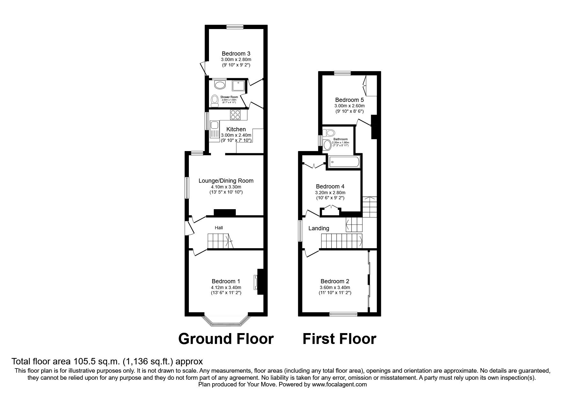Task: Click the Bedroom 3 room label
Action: [x=236, y=54]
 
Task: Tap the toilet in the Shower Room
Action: [x=215, y=100]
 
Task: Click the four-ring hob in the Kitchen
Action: [x=235, y=115]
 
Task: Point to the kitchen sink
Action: [x=213, y=129]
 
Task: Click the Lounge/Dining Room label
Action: [x=226, y=181]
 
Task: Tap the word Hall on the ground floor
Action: [x=219, y=228]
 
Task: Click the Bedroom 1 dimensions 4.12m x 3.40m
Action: [x=226, y=287]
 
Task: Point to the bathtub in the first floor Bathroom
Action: [x=344, y=162]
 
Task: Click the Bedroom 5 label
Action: [x=349, y=100]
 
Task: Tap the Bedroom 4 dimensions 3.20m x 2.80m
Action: [x=330, y=193]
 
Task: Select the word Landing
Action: [x=319, y=228]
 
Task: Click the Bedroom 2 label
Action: [x=335, y=281]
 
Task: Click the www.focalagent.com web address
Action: [x=339, y=385]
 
